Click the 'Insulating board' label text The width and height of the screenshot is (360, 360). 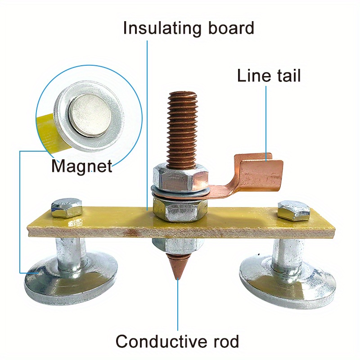(x=189, y=28)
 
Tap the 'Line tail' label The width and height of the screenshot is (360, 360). (x=269, y=76)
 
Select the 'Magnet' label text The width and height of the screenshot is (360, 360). (x=81, y=166)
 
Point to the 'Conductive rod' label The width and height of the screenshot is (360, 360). (x=177, y=342)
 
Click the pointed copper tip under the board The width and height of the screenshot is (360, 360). (x=178, y=268)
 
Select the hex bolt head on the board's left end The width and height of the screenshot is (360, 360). (x=67, y=208)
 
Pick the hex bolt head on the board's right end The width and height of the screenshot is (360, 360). (x=293, y=210)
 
